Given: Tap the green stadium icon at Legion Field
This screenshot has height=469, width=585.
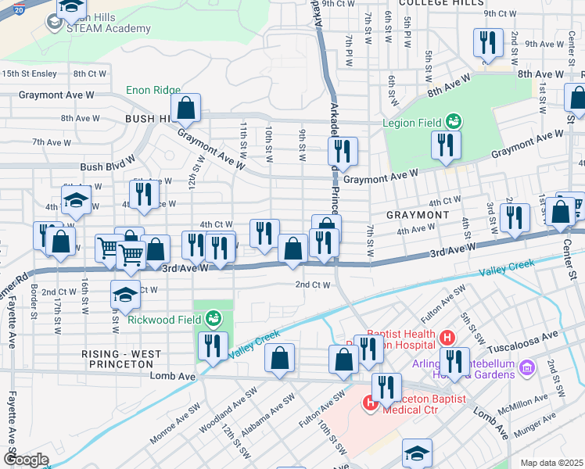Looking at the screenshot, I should tap(452, 122).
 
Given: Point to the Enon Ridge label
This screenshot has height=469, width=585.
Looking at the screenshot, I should tap(153, 91).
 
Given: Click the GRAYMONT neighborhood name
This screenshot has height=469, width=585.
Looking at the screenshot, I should tap(418, 214).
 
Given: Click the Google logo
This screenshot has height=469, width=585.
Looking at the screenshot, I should tap(26, 460).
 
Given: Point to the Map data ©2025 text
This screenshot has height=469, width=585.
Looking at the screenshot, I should tap(551, 463).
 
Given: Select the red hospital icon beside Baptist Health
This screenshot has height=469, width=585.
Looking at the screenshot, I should tap(447, 338).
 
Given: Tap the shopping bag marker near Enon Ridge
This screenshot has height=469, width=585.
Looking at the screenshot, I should tap(186, 108).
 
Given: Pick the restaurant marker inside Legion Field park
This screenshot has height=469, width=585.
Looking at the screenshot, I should tap(446, 145).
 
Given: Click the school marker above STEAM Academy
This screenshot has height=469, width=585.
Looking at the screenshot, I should tap(71, 8).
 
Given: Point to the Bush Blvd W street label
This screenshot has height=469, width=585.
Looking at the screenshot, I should tap(108, 167).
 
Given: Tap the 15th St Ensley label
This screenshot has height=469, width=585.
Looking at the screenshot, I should tap(29, 73).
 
